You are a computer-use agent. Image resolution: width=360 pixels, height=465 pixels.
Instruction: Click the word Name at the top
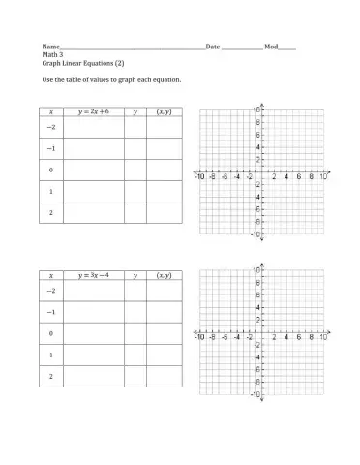tap(49, 46)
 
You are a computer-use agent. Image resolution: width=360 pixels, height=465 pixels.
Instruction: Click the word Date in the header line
tap(213, 46)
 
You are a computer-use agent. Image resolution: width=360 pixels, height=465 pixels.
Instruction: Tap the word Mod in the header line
tap(270, 46)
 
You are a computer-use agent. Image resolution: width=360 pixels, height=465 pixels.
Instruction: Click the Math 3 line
tap(50, 54)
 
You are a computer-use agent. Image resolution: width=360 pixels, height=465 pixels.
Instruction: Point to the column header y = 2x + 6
tap(93, 112)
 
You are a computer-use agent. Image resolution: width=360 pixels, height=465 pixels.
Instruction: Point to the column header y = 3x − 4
tap(93, 276)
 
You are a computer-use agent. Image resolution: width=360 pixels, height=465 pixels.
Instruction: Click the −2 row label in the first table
tap(50, 127)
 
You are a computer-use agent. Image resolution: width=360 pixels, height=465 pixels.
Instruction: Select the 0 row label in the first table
tap(50, 170)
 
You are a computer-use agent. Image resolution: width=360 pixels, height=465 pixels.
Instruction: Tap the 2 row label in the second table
tap(50, 375)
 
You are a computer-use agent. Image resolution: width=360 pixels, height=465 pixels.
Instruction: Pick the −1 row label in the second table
tap(50, 312)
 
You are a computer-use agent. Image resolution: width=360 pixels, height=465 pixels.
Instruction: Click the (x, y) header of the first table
tap(164, 112)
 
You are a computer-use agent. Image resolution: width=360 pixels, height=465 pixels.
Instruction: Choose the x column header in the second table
tap(50, 276)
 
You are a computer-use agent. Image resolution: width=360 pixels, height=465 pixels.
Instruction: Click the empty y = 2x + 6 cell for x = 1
tap(93, 191)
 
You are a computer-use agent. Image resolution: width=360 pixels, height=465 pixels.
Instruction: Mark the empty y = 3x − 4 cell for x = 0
tap(93, 333)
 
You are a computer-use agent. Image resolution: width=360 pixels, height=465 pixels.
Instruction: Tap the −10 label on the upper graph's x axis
tap(199, 177)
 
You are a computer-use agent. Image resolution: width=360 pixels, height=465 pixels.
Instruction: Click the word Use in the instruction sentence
tap(46, 79)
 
